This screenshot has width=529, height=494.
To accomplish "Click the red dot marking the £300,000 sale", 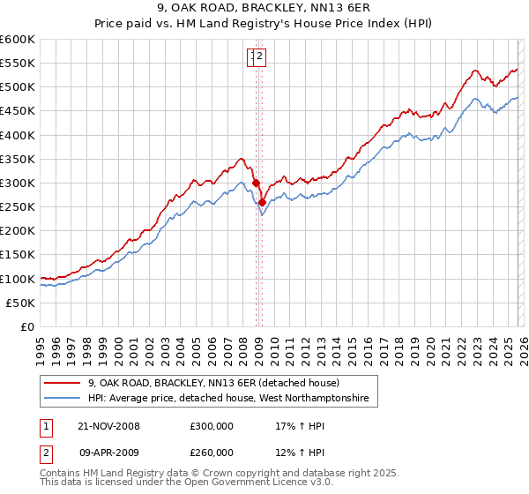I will coord(257,183).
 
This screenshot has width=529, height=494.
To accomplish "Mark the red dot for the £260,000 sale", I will coord(262,202).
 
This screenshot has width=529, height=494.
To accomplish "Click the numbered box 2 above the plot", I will coord(262,57).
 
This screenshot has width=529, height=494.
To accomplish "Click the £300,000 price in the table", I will coord(212,426).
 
